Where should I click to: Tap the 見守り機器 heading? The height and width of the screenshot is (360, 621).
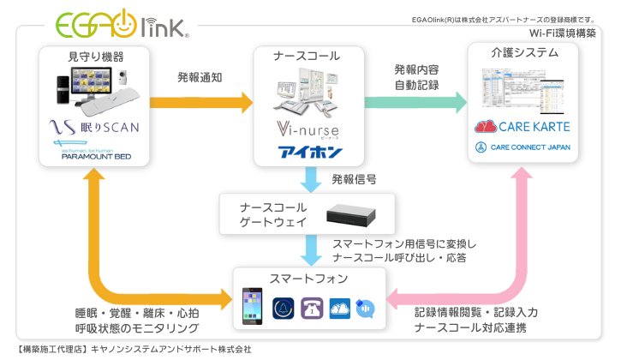click(x=96, y=56)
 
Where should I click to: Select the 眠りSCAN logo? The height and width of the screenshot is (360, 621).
click(x=94, y=128)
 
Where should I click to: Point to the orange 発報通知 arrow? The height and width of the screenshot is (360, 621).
click(x=202, y=101)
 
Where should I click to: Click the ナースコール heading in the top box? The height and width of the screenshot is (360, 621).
click(x=307, y=56)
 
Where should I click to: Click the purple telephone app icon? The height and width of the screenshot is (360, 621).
click(x=313, y=309)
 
